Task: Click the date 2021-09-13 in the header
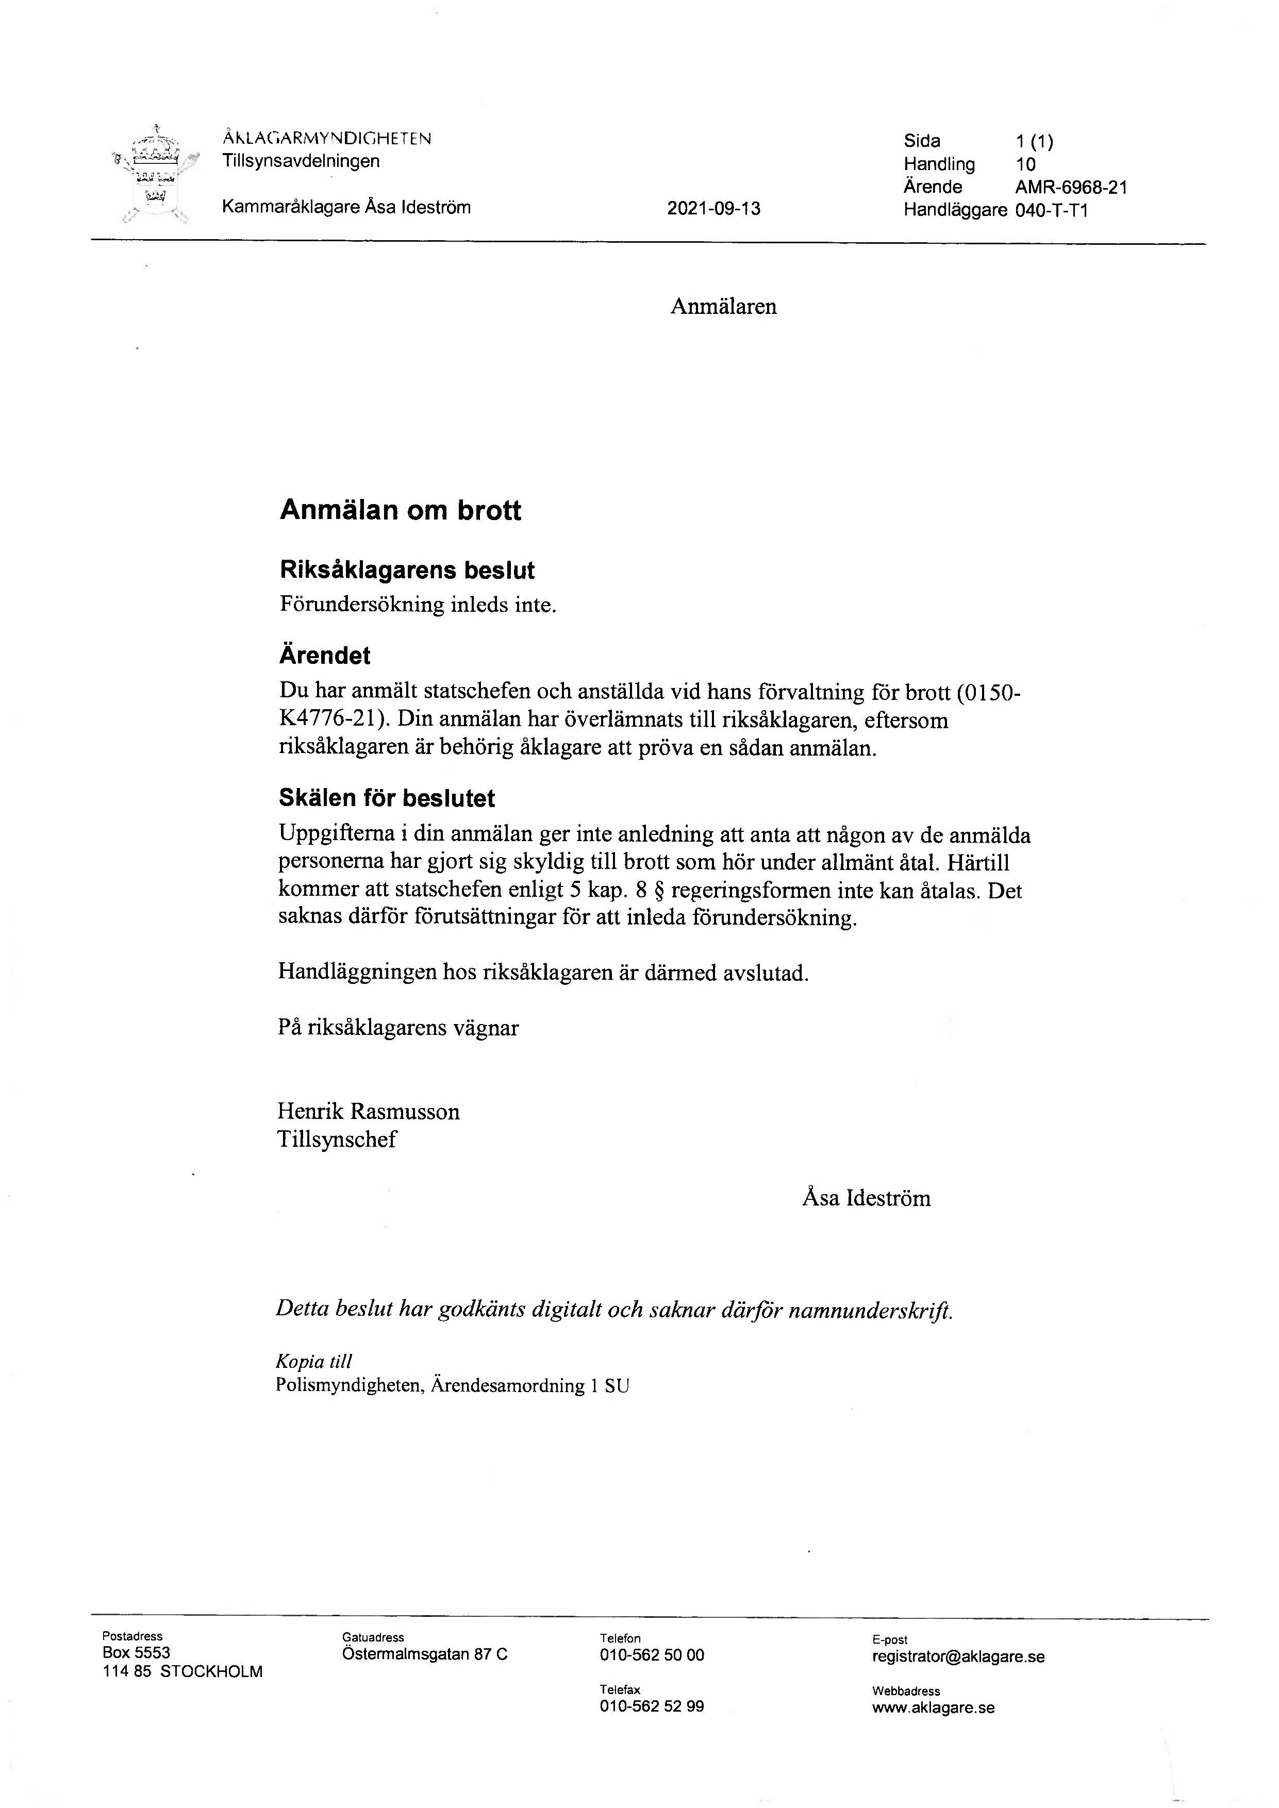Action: coord(713,209)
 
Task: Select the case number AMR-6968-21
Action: coord(1071,188)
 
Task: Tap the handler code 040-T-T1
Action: coord(1051,210)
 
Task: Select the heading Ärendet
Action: coord(324,655)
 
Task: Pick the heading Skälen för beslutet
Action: coord(387,798)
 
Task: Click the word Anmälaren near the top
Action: coord(723,307)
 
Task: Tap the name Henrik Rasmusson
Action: coord(368,1112)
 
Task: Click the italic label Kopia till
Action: coord(313,1362)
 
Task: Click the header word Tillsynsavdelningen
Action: coord(301,161)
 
